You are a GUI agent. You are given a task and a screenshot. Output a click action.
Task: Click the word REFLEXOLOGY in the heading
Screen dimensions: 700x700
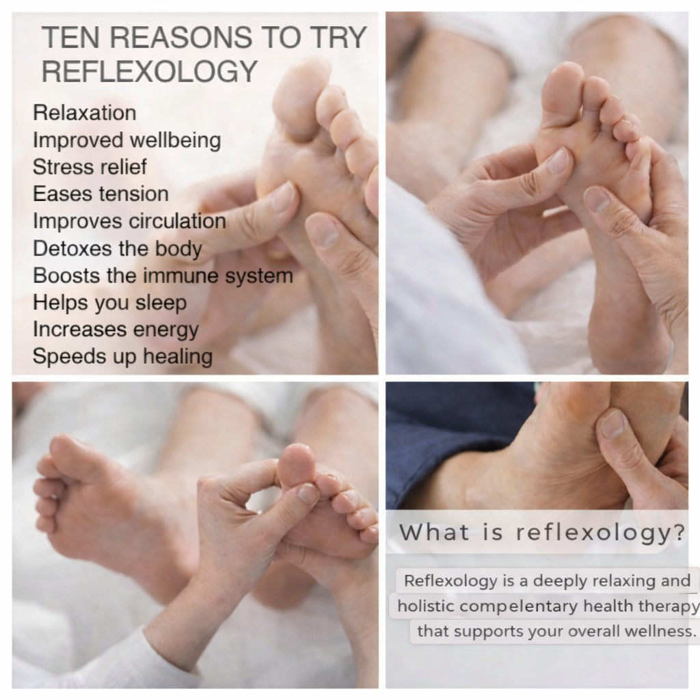coord(150,71)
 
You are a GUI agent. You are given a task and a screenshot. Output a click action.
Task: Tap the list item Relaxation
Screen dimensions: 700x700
coord(84,113)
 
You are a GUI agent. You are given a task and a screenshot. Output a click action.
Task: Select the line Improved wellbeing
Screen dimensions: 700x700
coord(126,140)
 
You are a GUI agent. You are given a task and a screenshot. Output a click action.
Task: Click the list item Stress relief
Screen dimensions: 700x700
coord(90,167)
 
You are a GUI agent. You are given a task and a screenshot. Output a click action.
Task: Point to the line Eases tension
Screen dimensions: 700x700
coord(101,194)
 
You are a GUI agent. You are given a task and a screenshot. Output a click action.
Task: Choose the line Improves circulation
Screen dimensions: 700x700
coord(129,221)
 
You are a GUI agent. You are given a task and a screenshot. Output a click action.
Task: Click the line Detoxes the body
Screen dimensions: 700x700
coord(118,249)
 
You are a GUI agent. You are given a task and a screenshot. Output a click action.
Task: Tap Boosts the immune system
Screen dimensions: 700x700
coord(163,276)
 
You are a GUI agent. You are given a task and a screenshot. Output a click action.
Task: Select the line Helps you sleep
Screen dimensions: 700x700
coord(110,303)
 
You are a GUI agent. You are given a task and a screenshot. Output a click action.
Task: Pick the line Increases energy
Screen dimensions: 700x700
coord(116,330)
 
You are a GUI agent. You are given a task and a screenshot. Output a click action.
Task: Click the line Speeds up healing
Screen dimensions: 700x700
coord(122,357)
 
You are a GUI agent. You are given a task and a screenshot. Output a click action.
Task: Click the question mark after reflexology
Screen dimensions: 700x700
coord(679,532)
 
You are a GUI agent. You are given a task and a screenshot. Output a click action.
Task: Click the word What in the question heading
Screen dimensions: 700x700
coord(434,532)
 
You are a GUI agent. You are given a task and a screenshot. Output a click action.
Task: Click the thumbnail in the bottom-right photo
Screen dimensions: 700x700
coord(612,424)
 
